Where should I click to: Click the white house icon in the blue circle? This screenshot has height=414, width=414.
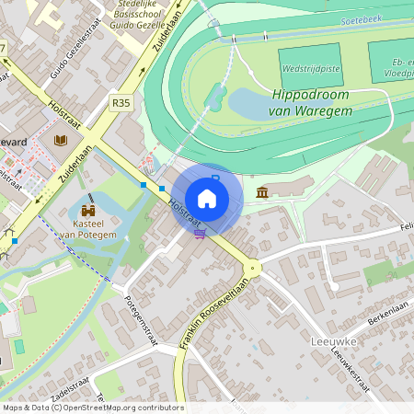point(207,199)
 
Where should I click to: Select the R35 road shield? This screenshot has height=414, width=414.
point(121,103)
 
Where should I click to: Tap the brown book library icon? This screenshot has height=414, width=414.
point(61,140)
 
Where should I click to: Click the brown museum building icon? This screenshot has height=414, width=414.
point(263,192)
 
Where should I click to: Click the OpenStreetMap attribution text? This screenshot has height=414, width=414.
point(92,408)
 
